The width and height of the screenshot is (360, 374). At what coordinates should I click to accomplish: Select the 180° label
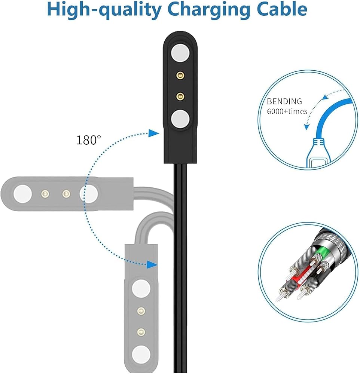[89, 140]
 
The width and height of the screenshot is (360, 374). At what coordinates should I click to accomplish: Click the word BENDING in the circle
[284, 102]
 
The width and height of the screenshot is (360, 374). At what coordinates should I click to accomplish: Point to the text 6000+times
[287, 111]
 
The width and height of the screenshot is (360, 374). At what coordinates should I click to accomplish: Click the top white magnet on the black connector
[180, 53]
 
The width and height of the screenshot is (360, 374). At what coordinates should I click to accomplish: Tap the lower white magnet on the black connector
[180, 119]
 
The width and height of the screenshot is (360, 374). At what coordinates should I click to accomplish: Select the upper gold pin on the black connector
[180, 76]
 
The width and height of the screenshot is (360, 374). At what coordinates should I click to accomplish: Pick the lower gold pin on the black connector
[180, 96]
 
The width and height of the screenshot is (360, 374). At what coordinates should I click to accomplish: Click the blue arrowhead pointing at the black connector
[153, 133]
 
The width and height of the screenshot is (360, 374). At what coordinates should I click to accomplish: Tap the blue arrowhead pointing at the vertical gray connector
[152, 264]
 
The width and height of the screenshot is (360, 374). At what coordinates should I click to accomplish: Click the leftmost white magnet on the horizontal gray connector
[23, 194]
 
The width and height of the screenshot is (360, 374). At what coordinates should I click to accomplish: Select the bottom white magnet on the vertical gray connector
[141, 355]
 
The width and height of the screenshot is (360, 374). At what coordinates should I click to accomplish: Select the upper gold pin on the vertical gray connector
[141, 311]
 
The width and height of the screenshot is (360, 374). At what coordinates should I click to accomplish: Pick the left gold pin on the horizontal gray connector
[45, 194]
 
